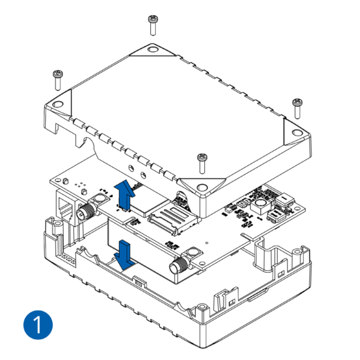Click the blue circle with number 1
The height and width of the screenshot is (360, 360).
click(38, 325)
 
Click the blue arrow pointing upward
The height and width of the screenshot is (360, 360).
click(125, 195)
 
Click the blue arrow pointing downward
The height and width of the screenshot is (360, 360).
click(125, 255)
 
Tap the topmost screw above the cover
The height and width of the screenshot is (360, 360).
click(153, 25)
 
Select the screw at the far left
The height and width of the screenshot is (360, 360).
click(57, 80)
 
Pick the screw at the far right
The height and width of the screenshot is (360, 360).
click(297, 109)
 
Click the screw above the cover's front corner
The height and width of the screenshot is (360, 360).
click(202, 163)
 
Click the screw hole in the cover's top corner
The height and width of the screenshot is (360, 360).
click(152, 49)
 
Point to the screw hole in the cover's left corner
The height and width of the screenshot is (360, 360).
click(57, 105)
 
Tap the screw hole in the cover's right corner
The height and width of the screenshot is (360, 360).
click(297, 132)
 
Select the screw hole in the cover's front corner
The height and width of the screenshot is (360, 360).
click(202, 187)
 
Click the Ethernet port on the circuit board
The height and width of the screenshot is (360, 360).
click(68, 208)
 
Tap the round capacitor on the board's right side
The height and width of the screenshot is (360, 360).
click(260, 205)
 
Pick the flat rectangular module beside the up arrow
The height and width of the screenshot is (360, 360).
click(150, 199)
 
